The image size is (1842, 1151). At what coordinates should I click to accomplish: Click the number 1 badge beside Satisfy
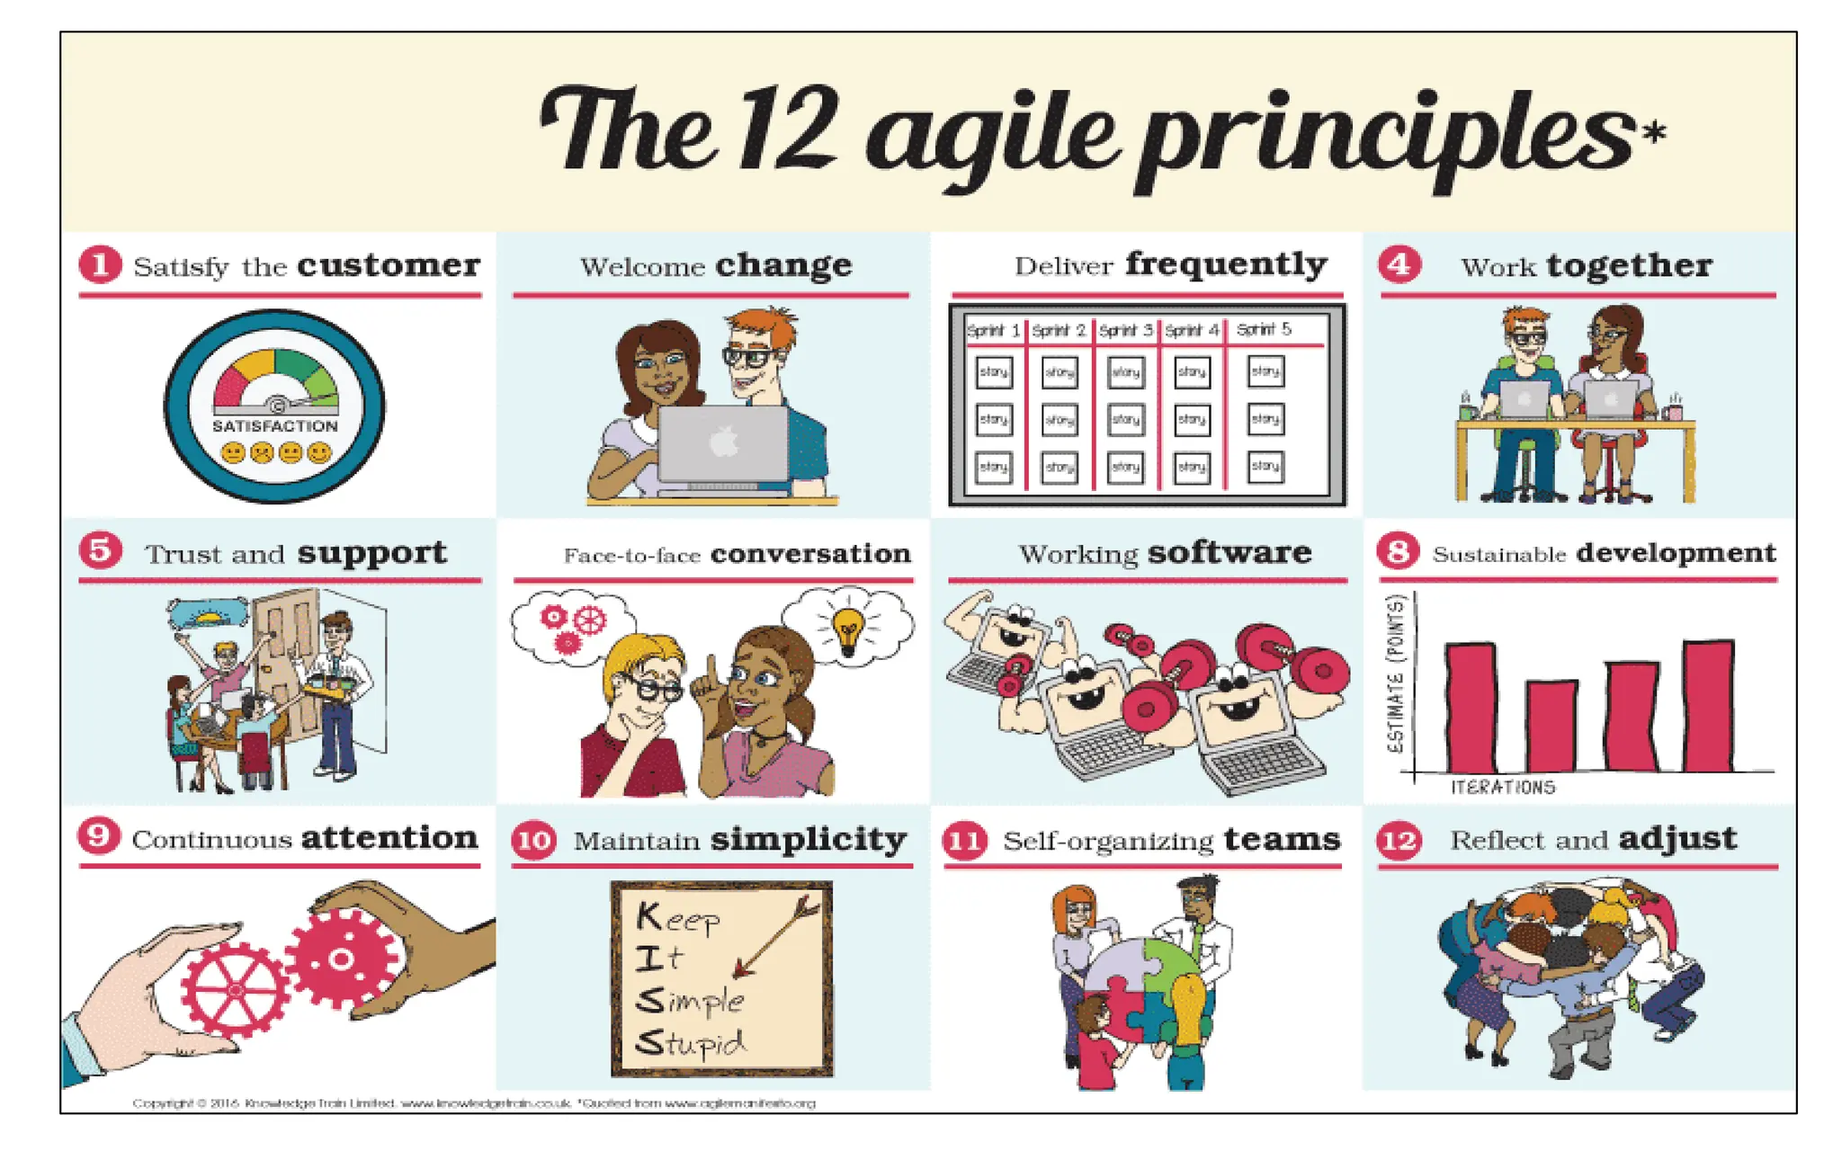pyautogui.click(x=100, y=265)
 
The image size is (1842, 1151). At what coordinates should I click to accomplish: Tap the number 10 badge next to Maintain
pyautogui.click(x=534, y=841)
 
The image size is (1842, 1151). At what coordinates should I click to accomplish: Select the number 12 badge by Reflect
pyautogui.click(x=1399, y=841)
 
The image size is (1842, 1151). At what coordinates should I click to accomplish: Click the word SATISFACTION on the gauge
pyautogui.click(x=275, y=426)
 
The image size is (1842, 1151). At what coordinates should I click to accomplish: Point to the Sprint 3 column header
pyautogui.click(x=1125, y=330)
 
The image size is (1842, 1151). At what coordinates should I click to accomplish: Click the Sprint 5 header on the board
pyautogui.click(x=1264, y=329)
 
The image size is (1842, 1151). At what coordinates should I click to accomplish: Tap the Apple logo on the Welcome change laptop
pyautogui.click(x=725, y=442)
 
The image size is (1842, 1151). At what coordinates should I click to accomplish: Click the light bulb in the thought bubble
pyautogui.click(x=847, y=629)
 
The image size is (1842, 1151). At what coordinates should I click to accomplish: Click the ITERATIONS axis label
pyautogui.click(x=1502, y=788)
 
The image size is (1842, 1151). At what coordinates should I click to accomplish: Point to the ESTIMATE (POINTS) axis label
pyautogui.click(x=1396, y=674)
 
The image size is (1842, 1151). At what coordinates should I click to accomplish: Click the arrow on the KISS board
pyautogui.click(x=775, y=935)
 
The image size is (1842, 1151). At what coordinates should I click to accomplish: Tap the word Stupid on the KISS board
pyautogui.click(x=691, y=1043)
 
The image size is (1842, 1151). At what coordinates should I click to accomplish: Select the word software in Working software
pyautogui.click(x=1229, y=553)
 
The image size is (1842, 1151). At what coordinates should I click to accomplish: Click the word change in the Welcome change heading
pyautogui.click(x=783, y=266)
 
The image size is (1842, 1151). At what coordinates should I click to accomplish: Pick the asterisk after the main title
pyautogui.click(x=1654, y=133)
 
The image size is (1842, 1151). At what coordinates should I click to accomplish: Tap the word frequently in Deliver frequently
pyautogui.click(x=1226, y=264)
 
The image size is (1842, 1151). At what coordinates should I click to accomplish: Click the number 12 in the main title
pyautogui.click(x=788, y=130)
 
